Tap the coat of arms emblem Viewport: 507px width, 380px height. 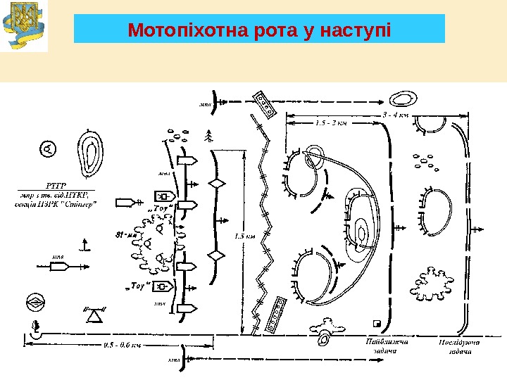(x=24, y=26)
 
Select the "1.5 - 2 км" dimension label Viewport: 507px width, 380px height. (x=332, y=124)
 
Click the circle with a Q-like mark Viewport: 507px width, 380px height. (x=48, y=149)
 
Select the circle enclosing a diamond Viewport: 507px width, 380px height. (x=36, y=303)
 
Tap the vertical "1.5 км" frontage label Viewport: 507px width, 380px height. (x=246, y=237)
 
